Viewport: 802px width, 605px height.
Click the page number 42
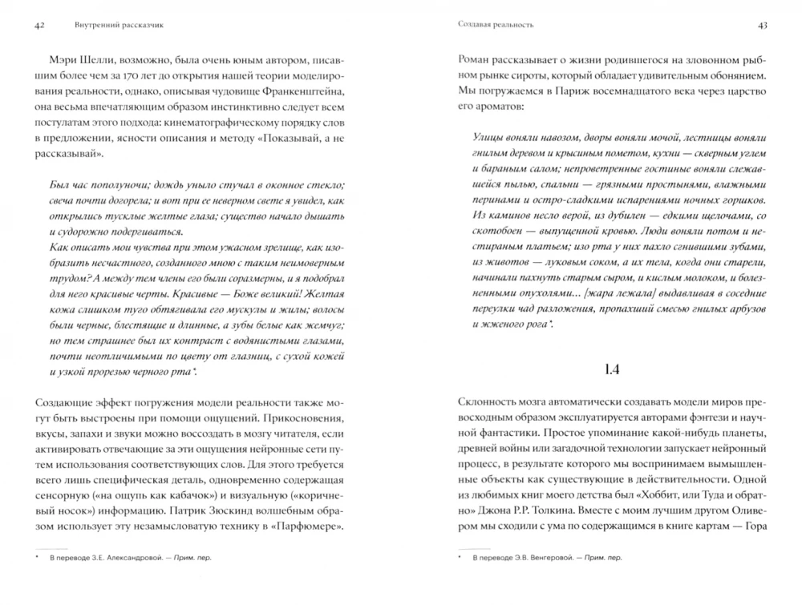click(x=39, y=25)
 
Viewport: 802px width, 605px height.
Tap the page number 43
click(x=762, y=25)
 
